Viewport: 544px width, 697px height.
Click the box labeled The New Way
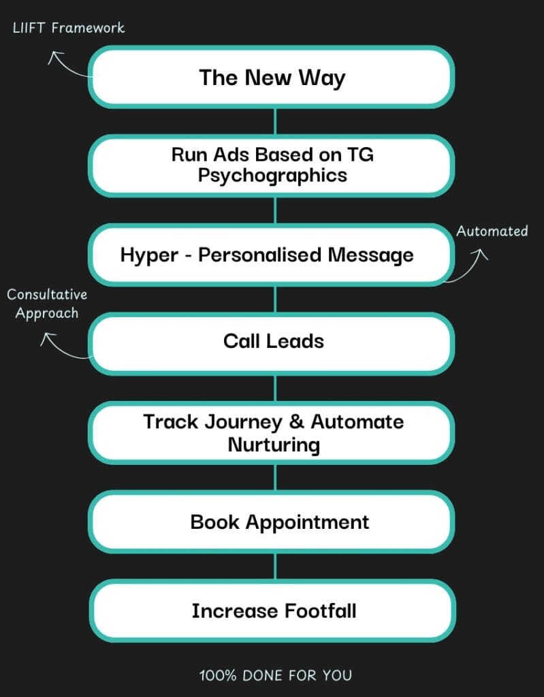(272, 77)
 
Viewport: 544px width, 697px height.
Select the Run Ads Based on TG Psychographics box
(272, 165)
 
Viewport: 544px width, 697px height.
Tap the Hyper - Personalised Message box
(272, 255)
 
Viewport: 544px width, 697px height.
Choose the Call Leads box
(272, 341)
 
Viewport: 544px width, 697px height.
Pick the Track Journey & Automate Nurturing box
(272, 433)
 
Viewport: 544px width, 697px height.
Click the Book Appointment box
(272, 522)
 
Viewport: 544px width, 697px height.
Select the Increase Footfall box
(272, 611)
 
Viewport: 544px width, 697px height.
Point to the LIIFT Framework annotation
(69, 28)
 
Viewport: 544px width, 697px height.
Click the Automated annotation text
(492, 231)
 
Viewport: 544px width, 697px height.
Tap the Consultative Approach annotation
(46, 304)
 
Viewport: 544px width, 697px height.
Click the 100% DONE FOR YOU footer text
(275, 675)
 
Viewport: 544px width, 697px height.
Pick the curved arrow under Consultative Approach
(63, 346)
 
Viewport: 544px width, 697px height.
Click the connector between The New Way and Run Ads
(274, 120)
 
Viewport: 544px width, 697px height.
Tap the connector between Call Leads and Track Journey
(274, 387)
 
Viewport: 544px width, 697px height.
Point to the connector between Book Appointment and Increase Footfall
(274, 566)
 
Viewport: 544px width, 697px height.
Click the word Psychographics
(272, 175)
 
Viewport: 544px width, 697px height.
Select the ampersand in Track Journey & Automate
(296, 422)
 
